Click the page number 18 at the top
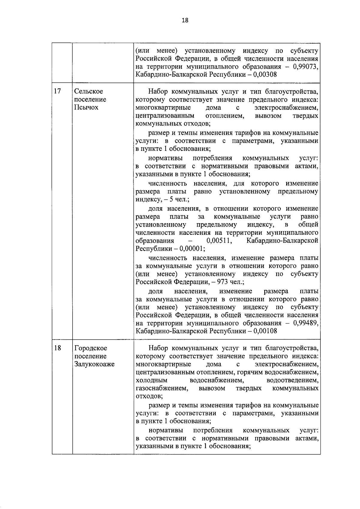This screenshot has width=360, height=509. coord(185,20)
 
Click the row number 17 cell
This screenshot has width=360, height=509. coord(57,91)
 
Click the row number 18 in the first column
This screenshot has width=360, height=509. coord(57,348)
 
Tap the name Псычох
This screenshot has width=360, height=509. coord(86,107)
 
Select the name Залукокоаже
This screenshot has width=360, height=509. coord(94,364)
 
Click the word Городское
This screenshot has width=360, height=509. coord(91,348)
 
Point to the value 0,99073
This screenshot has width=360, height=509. coord(305,67)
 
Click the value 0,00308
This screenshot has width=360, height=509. coord(265,75)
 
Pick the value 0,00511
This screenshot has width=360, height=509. coord(219,241)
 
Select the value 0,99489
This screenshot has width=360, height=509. coord(305,323)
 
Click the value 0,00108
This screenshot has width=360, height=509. coord(265,331)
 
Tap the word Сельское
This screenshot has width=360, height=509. coord(88,91)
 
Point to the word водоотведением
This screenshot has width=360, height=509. coord(292,380)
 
